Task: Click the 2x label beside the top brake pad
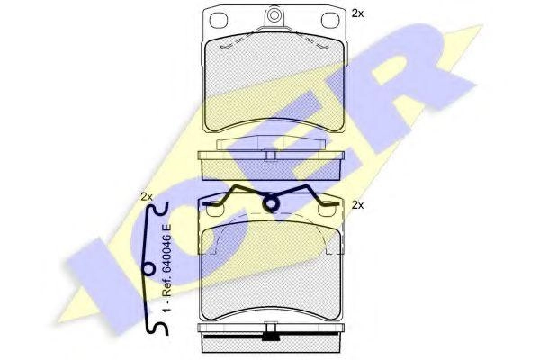(357, 13)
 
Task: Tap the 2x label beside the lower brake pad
(358, 205)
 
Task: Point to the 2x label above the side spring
(147, 197)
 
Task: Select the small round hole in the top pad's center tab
(274, 15)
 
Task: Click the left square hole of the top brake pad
(219, 20)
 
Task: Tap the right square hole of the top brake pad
(330, 20)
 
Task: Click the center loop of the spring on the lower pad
(272, 203)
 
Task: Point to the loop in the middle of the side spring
(148, 269)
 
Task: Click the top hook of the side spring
(158, 209)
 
